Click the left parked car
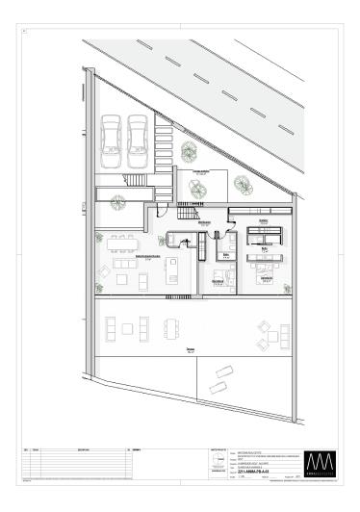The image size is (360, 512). tap(113, 137)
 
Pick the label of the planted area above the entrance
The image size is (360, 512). tap(202, 173)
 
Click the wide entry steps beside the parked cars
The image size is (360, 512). tap(138, 180)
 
